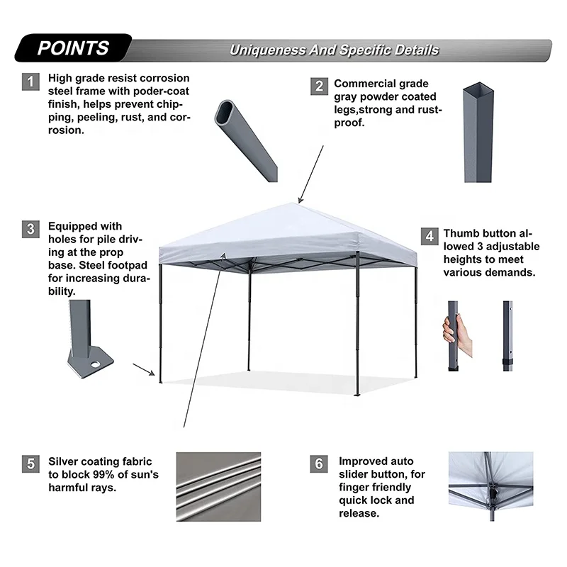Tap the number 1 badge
tap(30, 82)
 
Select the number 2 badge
tap(319, 86)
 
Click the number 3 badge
tap(30, 229)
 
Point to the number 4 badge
tap(429, 235)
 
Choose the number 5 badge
tap(30, 465)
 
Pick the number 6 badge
tap(319, 465)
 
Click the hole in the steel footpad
tap(95, 366)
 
